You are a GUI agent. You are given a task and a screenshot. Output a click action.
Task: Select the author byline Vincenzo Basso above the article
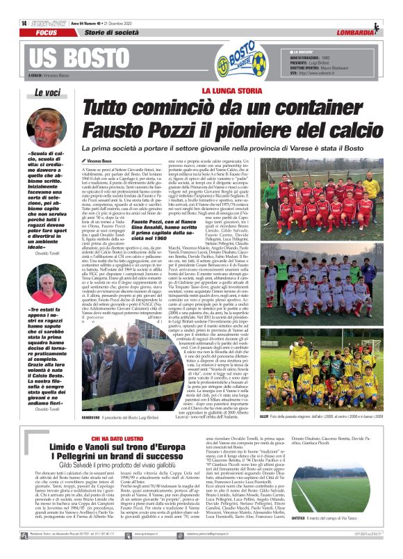coord(105,161)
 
